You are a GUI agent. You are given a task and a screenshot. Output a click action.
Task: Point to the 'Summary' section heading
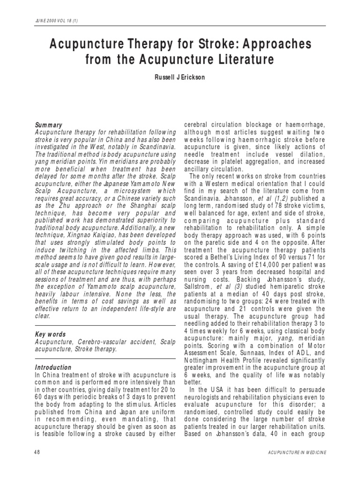tap(49, 125)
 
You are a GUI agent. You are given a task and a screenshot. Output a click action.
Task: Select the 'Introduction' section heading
tap(53, 367)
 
